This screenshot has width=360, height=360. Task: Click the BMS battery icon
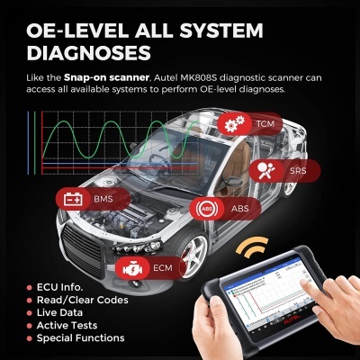[72, 199]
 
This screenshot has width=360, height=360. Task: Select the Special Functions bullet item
[86, 338]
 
